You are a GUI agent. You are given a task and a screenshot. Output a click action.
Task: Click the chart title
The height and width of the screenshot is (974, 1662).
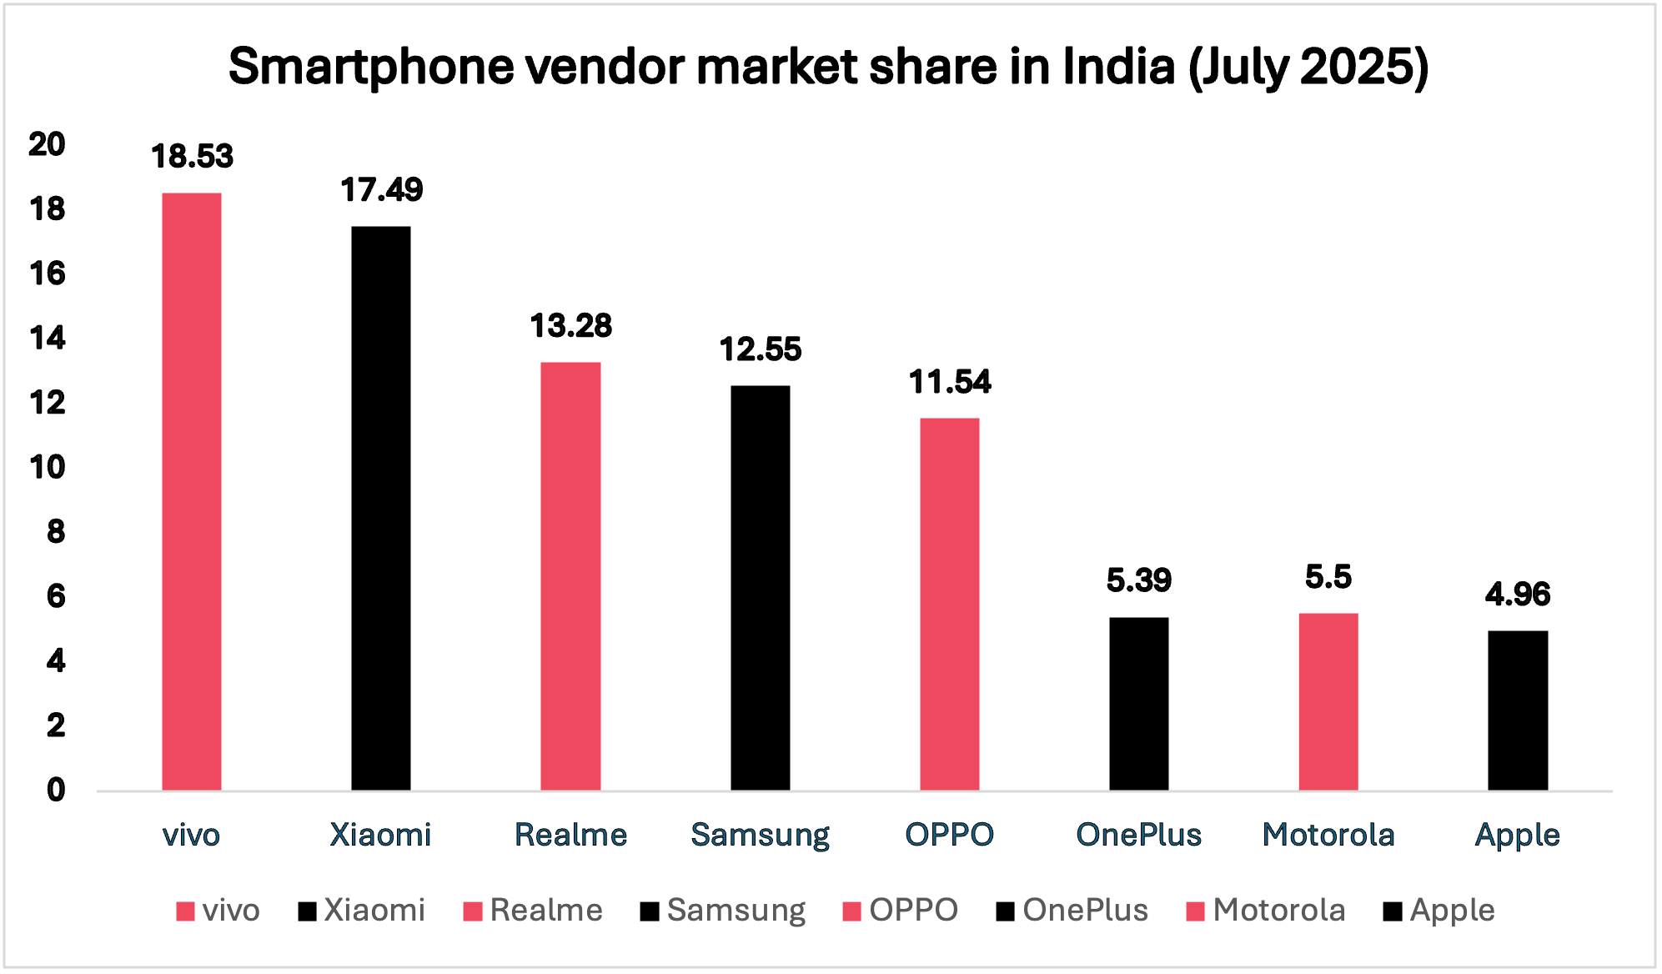point(828,67)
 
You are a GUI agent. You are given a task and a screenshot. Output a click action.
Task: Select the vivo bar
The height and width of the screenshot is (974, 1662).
point(192,492)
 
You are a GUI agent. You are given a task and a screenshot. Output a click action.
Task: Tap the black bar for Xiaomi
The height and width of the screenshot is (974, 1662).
point(381,509)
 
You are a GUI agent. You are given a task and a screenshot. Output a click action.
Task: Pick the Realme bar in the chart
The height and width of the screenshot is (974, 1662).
point(570,575)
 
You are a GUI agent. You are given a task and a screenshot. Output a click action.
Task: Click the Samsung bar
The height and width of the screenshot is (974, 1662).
point(760,588)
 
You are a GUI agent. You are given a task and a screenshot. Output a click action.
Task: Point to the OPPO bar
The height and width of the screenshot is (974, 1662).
point(949,605)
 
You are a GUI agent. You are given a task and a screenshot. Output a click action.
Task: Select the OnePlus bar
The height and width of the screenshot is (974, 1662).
point(1138,704)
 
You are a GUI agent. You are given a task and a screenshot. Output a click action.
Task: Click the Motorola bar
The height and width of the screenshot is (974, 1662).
point(1328,702)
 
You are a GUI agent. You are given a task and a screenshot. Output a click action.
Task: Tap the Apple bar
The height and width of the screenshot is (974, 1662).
point(1518,710)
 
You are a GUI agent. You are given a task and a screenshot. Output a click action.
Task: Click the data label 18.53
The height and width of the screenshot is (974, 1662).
point(192,157)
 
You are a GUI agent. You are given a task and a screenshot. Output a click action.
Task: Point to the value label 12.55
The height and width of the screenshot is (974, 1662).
point(760,349)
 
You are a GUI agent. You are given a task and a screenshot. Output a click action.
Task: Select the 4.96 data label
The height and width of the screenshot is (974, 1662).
point(1518,595)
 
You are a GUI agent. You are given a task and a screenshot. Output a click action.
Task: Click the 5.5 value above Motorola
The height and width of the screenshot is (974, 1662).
point(1328,577)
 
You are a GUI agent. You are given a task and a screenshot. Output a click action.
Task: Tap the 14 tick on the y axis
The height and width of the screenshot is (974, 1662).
point(48,339)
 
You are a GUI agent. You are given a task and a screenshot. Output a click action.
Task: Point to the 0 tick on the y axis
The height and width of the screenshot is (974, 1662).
point(55,790)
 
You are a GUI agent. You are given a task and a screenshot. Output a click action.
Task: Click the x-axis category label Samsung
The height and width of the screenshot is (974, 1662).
point(760,835)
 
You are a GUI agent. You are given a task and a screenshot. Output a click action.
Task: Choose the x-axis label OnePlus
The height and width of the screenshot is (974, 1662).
point(1138,835)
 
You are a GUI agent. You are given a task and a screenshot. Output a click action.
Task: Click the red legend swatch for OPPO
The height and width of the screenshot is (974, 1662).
point(851,911)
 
